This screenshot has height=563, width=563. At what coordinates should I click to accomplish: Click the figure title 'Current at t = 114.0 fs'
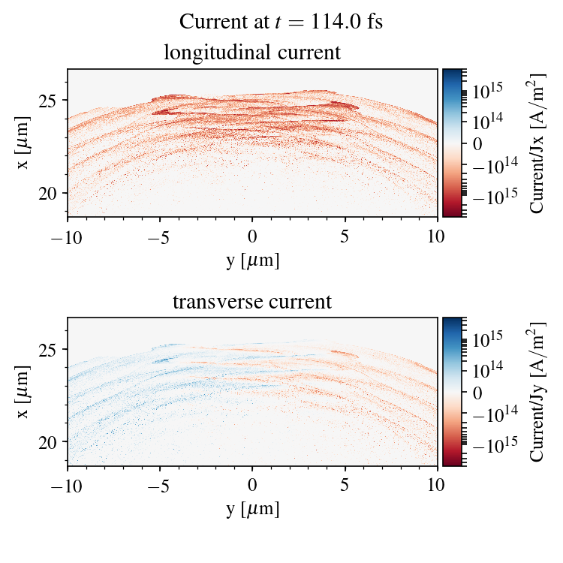[281, 22]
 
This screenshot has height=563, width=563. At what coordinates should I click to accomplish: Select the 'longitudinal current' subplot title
[252, 53]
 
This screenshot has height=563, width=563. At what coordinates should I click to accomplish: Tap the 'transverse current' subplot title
[252, 303]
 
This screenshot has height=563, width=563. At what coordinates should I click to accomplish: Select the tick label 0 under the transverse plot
[253, 486]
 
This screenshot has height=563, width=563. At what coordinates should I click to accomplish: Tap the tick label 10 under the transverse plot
[438, 486]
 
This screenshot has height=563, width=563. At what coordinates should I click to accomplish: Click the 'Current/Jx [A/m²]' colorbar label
[537, 143]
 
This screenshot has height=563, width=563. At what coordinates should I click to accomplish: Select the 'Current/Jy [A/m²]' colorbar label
[537, 392]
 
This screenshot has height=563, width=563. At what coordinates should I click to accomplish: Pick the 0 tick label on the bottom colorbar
[477, 392]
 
